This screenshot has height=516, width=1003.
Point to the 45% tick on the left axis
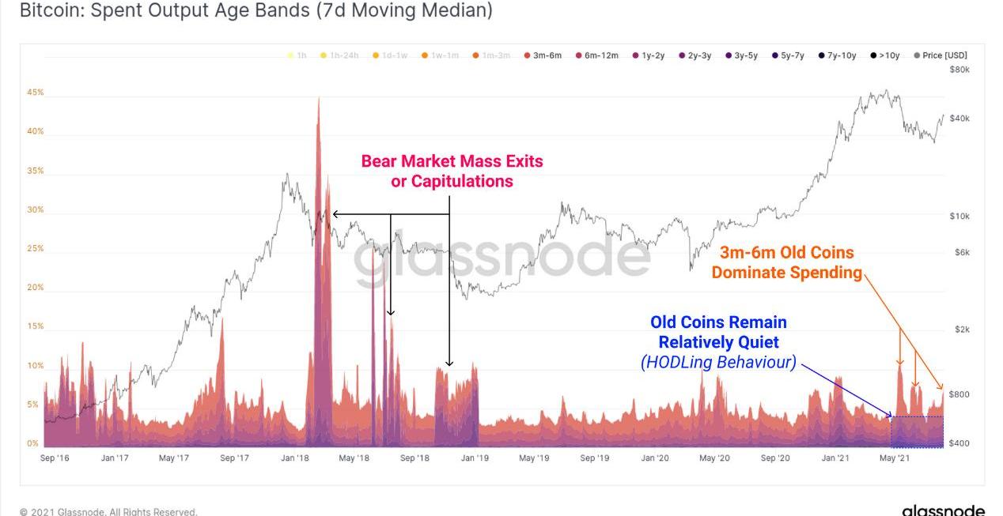click(x=36, y=92)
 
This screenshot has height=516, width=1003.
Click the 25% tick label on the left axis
click(x=36, y=248)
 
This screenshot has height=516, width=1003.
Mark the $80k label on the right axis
click(x=959, y=70)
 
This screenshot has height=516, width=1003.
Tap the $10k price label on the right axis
click(x=959, y=216)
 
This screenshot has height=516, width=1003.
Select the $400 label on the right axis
click(x=959, y=443)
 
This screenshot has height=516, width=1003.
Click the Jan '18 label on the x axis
click(x=294, y=458)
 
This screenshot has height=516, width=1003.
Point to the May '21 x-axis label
click(x=894, y=458)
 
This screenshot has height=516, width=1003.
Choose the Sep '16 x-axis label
click(x=54, y=458)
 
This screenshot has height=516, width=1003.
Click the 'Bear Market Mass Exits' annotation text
click(x=452, y=161)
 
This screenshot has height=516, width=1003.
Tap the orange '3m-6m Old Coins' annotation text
click(x=786, y=253)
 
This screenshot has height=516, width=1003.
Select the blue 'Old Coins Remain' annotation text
click(x=718, y=322)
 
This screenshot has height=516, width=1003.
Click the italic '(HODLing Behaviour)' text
click(x=718, y=363)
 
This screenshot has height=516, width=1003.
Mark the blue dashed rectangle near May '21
click(x=917, y=431)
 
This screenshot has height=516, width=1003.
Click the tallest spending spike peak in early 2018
click(x=319, y=99)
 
